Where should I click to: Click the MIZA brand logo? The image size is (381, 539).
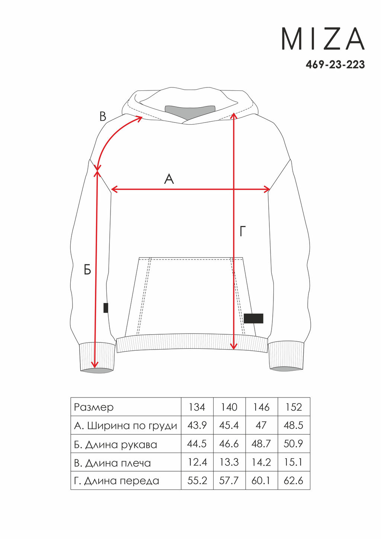point(323,39)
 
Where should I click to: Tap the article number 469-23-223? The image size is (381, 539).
point(335,64)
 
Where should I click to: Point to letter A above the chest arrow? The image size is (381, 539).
point(169,179)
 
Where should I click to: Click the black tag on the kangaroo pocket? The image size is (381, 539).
point(253,318)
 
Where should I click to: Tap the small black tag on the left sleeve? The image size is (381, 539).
point(106,308)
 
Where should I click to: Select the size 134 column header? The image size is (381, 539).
point(197,407)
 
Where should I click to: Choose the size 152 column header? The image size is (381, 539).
point(294,407)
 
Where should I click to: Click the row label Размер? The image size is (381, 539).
point(93,408)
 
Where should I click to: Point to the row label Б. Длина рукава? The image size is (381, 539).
point(115,445)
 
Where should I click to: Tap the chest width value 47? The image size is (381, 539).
point(261,425)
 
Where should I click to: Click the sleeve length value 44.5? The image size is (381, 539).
point(197,444)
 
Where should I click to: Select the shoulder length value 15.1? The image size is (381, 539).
point(294,462)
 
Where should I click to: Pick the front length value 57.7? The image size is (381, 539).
point(229,481)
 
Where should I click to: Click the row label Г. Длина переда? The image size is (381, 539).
point(116,481)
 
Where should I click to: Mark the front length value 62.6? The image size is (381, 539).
point(294,481)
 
